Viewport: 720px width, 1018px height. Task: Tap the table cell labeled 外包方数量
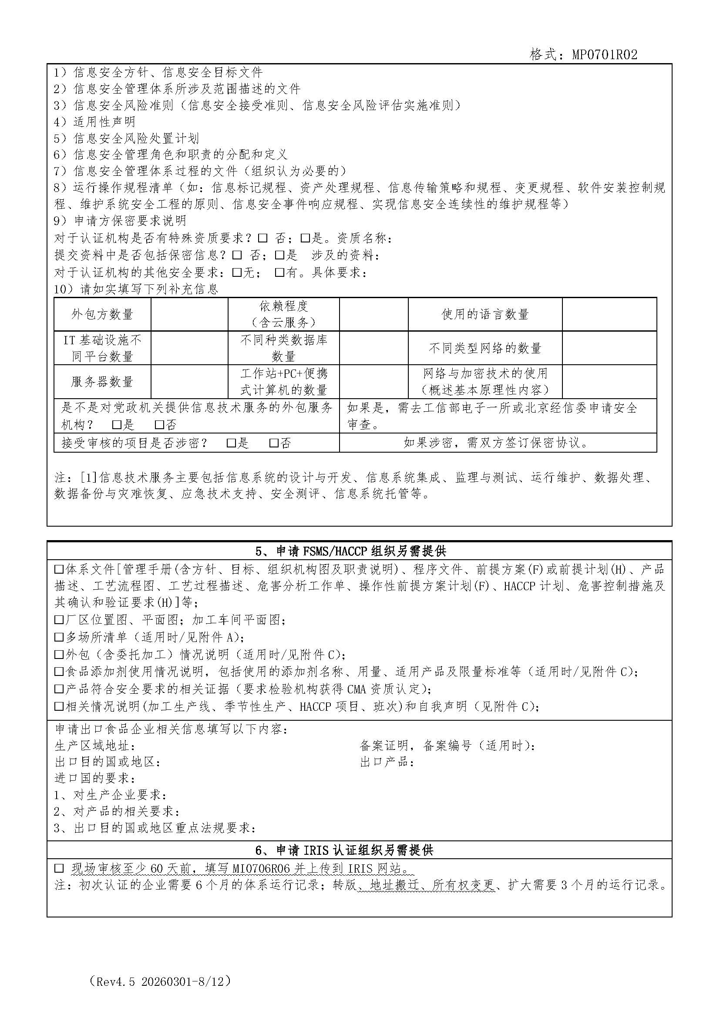click(102, 314)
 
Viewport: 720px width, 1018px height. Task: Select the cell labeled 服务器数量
click(102, 382)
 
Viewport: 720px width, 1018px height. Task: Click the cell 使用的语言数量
click(485, 314)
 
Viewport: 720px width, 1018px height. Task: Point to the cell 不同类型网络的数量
click(485, 348)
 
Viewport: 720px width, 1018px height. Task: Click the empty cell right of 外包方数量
click(189, 314)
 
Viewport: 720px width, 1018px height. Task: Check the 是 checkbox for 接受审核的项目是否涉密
click(231, 443)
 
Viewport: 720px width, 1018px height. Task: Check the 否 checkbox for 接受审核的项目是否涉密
click(273, 443)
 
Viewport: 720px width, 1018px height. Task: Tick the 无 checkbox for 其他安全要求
click(237, 272)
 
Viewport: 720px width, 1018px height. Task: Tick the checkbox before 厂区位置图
click(58, 620)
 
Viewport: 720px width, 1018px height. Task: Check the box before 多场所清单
click(58, 637)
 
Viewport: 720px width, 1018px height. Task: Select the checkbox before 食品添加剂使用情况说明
click(58, 672)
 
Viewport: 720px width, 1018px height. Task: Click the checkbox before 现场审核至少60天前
click(58, 868)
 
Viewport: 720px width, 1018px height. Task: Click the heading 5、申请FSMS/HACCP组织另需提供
click(350, 551)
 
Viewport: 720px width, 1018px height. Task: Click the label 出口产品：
click(387, 762)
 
